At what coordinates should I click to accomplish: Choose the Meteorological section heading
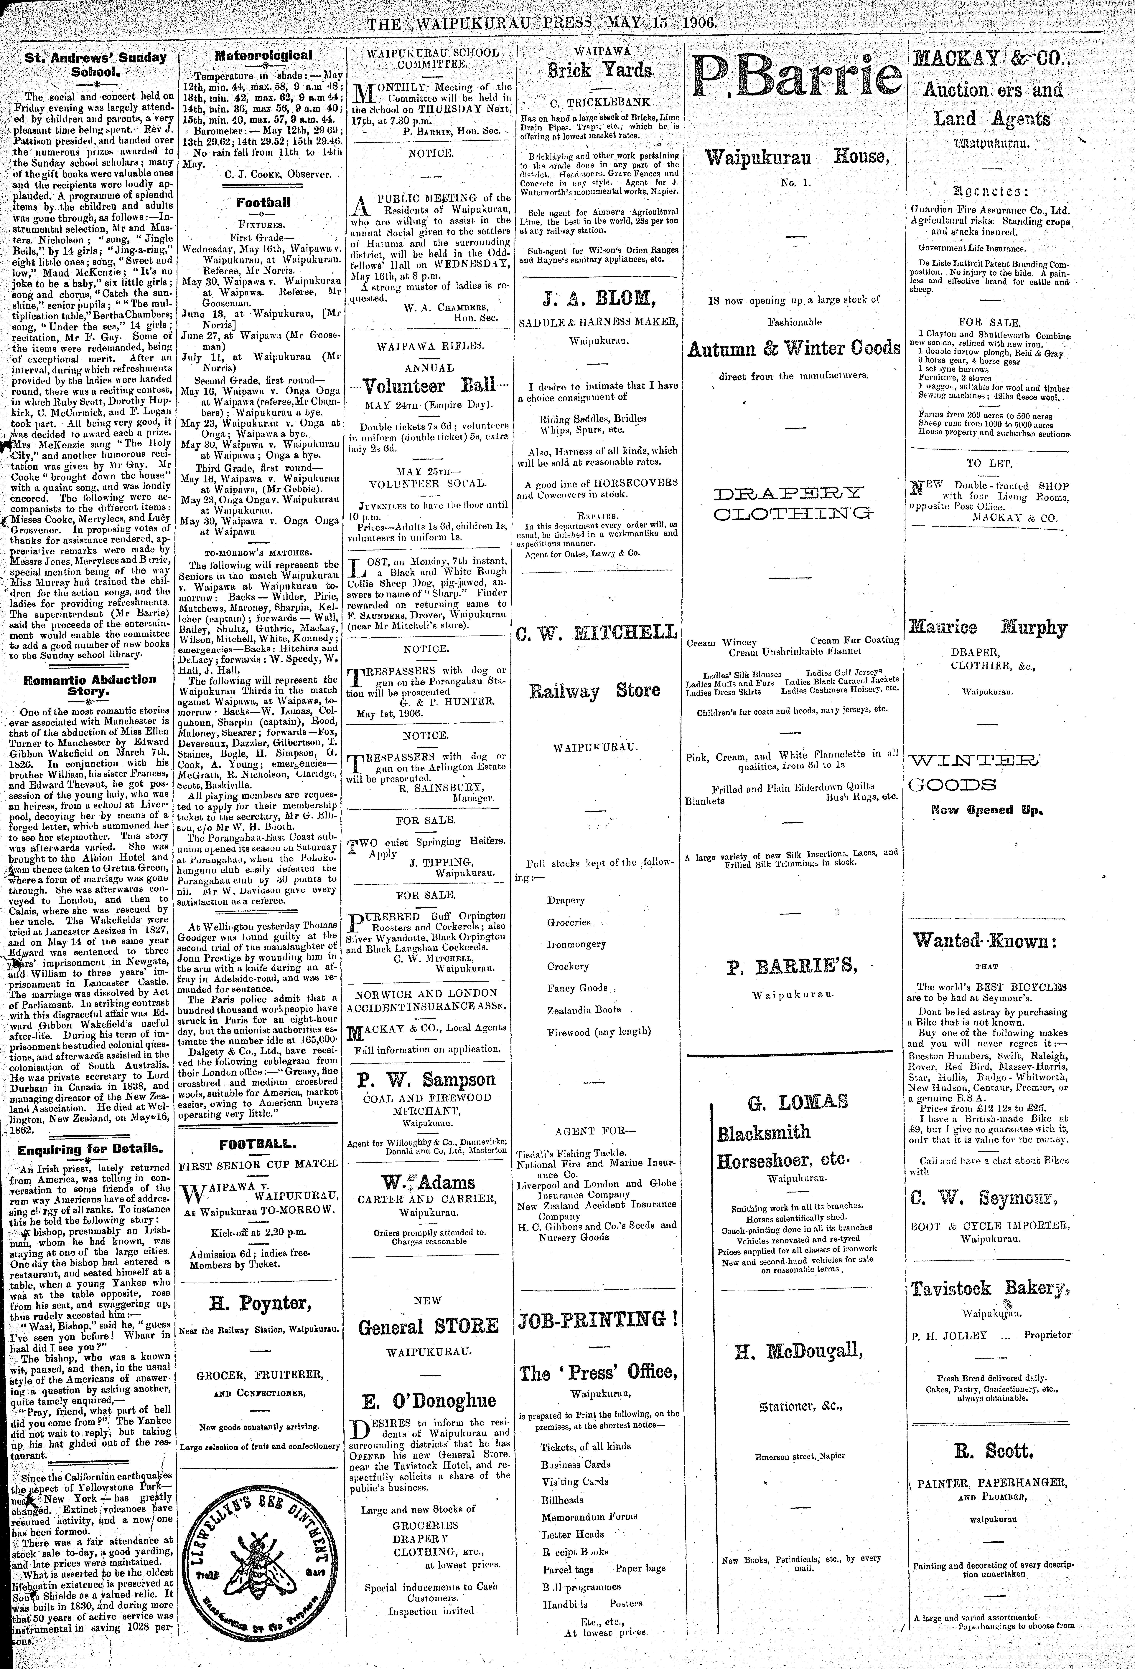[264, 55]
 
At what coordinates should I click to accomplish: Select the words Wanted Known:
[984, 941]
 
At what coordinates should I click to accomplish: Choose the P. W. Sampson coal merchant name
[428, 1079]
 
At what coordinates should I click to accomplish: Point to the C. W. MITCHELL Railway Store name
[596, 632]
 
